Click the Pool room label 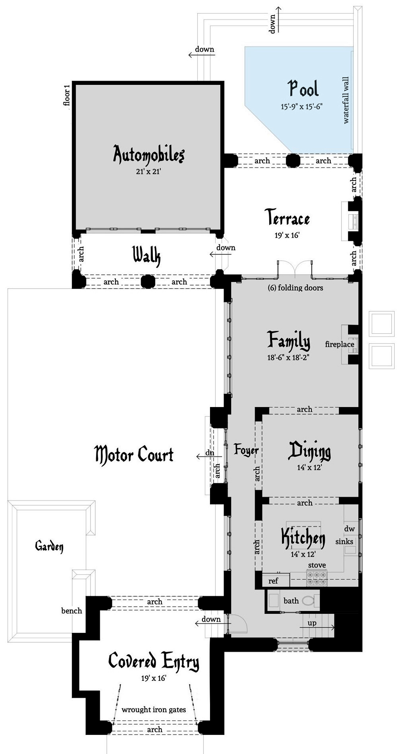tap(303, 89)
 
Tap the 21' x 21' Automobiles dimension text tap(148, 172)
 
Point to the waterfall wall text tap(346, 100)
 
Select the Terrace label tap(287, 218)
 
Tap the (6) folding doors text tap(295, 288)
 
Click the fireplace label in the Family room tap(339, 345)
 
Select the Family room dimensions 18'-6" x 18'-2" tap(288, 357)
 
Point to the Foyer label tap(246, 450)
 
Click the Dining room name tap(309, 451)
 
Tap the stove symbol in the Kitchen tap(316, 577)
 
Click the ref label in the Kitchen tap(273, 581)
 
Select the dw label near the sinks tap(349, 529)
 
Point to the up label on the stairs tap(312, 623)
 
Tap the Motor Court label tap(134, 454)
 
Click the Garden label tap(49, 546)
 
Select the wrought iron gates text tap(154, 709)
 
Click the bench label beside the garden tap(71, 611)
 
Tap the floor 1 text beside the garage tap(67, 95)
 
